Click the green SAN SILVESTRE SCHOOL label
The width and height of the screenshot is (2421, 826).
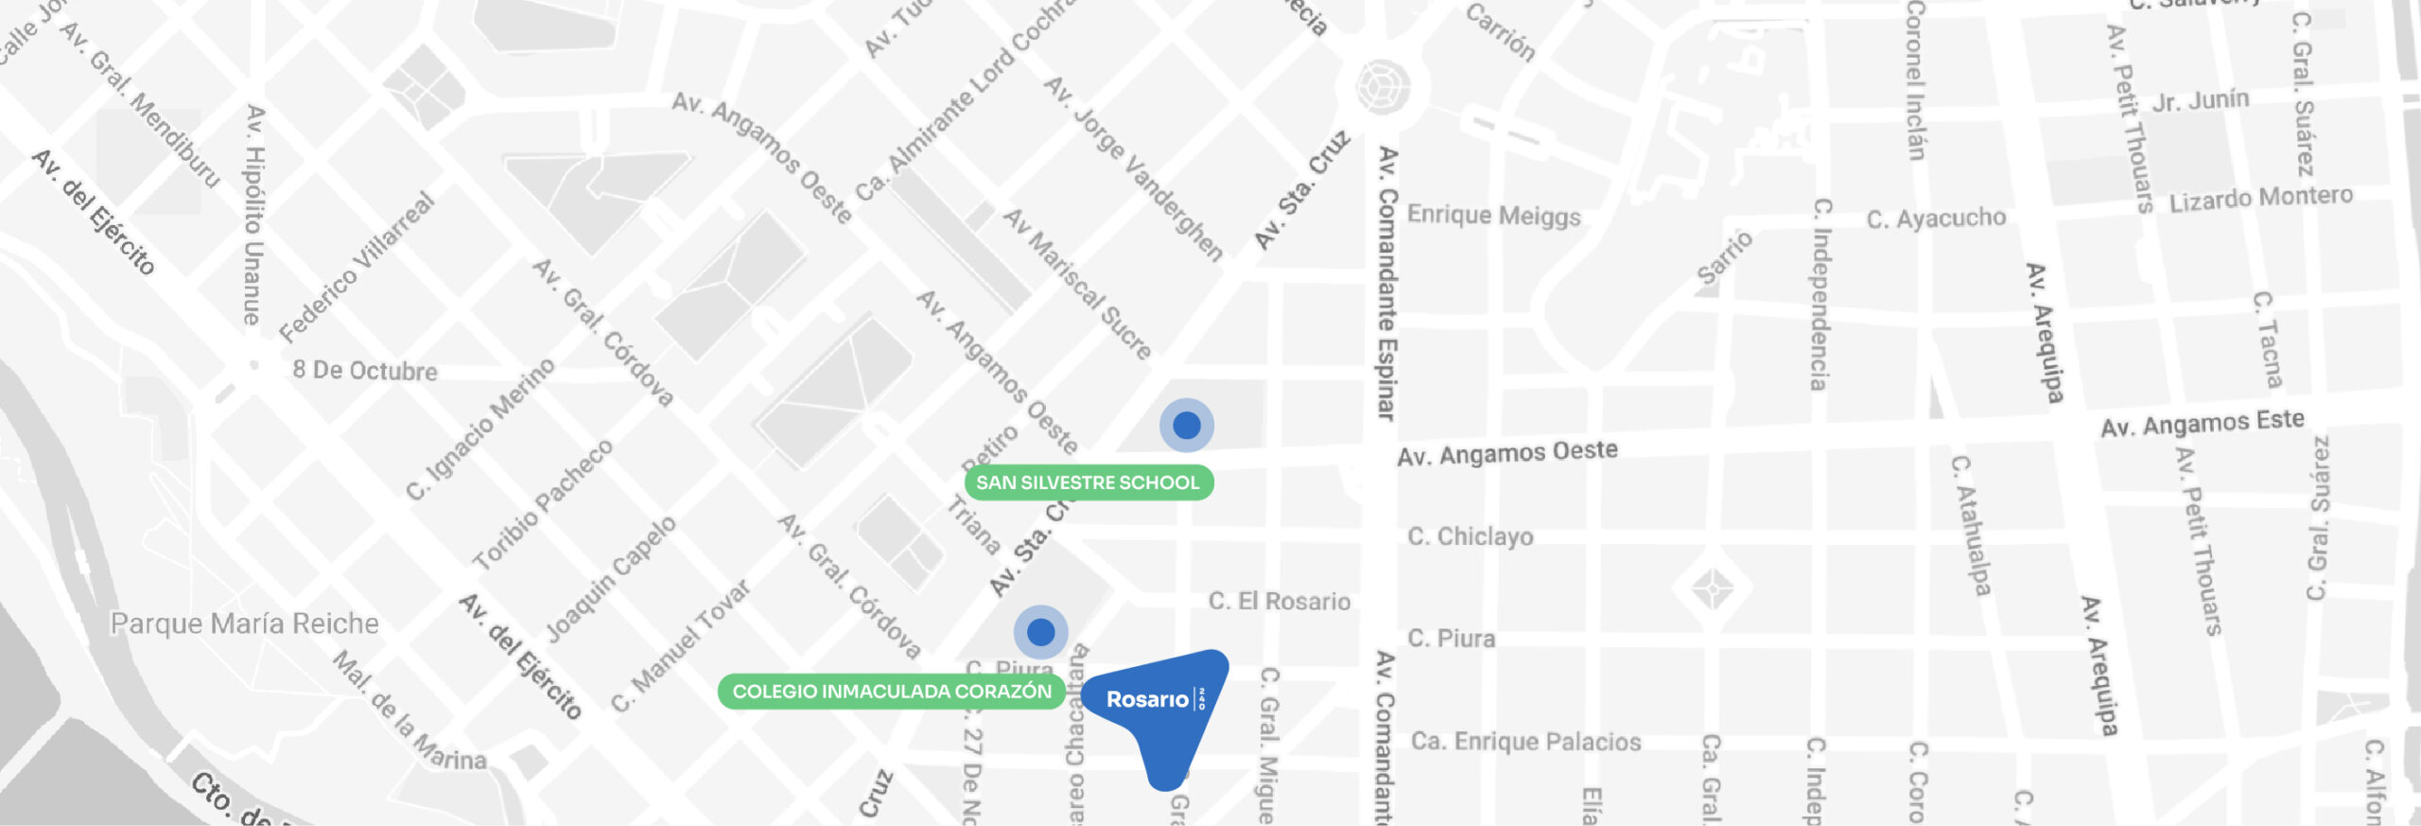(x=1088, y=483)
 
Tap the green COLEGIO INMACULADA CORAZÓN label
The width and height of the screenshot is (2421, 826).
(x=891, y=692)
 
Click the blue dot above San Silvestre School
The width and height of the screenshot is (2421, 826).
(x=1187, y=426)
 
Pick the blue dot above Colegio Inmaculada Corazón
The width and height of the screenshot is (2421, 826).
(x=1041, y=631)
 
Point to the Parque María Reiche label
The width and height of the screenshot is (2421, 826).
(x=244, y=624)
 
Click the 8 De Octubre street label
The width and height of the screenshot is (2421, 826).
(x=364, y=370)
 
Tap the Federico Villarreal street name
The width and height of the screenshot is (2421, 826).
(x=357, y=268)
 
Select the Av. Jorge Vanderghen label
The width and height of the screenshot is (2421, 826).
(x=1133, y=168)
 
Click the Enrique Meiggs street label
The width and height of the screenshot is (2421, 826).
(x=1493, y=216)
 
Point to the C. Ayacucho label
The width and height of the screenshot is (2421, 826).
(x=1935, y=219)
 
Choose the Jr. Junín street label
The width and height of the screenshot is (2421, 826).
(x=2200, y=100)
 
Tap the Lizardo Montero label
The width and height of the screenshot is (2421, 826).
(x=2260, y=199)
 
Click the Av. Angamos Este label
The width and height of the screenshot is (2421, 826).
(x=2202, y=423)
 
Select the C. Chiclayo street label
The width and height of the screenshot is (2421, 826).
(x=1470, y=536)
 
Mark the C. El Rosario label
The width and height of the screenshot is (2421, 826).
(x=1279, y=601)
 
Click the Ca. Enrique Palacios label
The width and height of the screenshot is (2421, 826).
(x=1525, y=741)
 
